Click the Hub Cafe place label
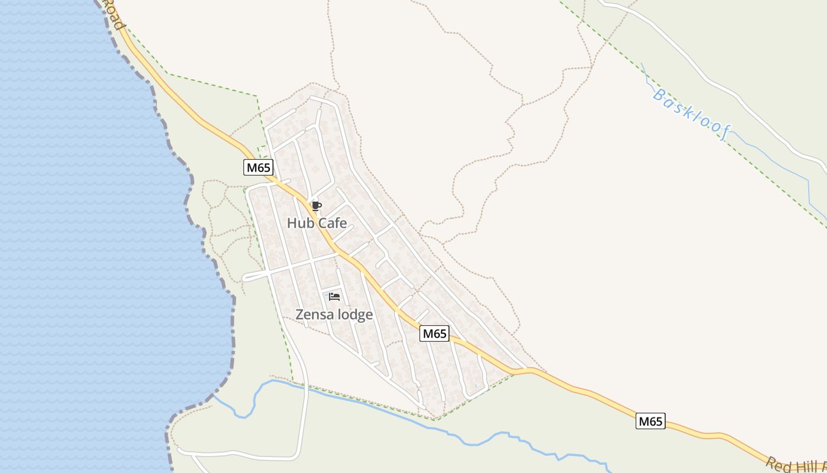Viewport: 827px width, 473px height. click(317, 223)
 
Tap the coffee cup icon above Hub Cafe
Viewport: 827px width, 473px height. click(316, 206)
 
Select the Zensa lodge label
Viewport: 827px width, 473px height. click(334, 315)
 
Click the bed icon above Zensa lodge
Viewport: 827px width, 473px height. click(334, 296)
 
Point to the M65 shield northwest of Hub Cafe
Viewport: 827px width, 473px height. click(258, 167)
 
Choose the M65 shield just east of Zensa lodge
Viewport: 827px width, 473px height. click(434, 333)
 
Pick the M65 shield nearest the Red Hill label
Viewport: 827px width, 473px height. click(650, 421)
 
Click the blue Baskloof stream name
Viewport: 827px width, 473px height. click(691, 114)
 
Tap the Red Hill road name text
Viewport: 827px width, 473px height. click(795, 465)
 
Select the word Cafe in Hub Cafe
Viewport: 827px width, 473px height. click(332, 223)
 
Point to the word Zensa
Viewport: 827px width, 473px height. click(314, 315)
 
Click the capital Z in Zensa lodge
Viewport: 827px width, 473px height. click(299, 315)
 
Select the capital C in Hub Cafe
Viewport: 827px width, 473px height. click(323, 223)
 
